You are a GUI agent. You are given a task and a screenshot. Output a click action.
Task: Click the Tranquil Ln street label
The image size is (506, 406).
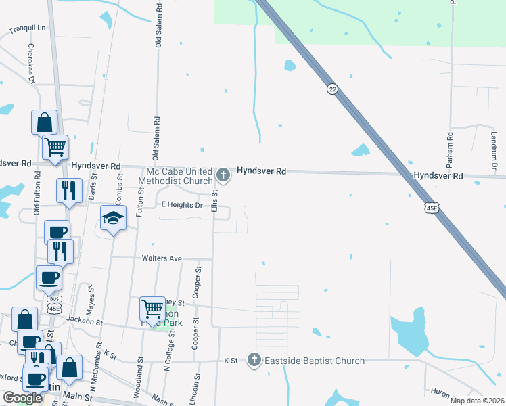click(26, 28)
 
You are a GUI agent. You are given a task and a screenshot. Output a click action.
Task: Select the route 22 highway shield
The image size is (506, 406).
click(331, 89)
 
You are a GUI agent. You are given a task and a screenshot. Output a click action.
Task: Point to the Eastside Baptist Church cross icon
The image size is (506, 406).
click(254, 359)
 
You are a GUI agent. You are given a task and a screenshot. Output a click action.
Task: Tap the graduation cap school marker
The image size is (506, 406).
click(114, 218)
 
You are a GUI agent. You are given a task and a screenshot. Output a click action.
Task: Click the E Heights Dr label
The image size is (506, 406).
click(181, 205)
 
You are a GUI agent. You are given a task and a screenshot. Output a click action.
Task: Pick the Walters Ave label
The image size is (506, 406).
click(162, 258)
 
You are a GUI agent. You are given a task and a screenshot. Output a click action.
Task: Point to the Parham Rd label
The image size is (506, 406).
click(449, 146)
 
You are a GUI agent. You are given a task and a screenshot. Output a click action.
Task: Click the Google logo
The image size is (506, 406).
click(22, 398)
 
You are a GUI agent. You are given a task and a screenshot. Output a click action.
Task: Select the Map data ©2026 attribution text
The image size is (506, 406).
click(477, 401)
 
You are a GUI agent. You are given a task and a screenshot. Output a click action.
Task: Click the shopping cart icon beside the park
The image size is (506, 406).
click(152, 309)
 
